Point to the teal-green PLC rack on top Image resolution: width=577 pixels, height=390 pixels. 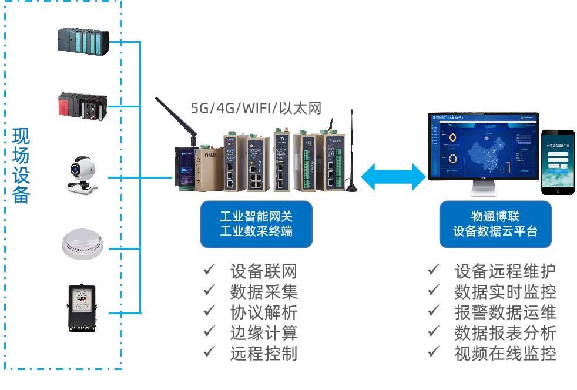click(x=82, y=41)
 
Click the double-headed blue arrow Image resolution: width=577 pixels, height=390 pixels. click(x=393, y=177)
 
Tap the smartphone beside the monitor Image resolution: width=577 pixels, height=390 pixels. click(x=558, y=162)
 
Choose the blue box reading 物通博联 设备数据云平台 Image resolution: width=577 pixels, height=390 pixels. click(x=495, y=224)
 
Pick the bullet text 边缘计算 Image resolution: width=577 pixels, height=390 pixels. click(x=263, y=332)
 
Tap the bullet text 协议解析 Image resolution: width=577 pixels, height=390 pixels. click(x=263, y=312)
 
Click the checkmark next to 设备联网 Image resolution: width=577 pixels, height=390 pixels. click(x=209, y=270)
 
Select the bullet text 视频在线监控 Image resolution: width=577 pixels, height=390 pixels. click(x=505, y=353)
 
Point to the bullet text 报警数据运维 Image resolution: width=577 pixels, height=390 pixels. click(x=505, y=312)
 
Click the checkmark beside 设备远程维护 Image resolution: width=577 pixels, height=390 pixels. click(x=434, y=270)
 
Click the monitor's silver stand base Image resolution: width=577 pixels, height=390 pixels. click(x=484, y=191)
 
